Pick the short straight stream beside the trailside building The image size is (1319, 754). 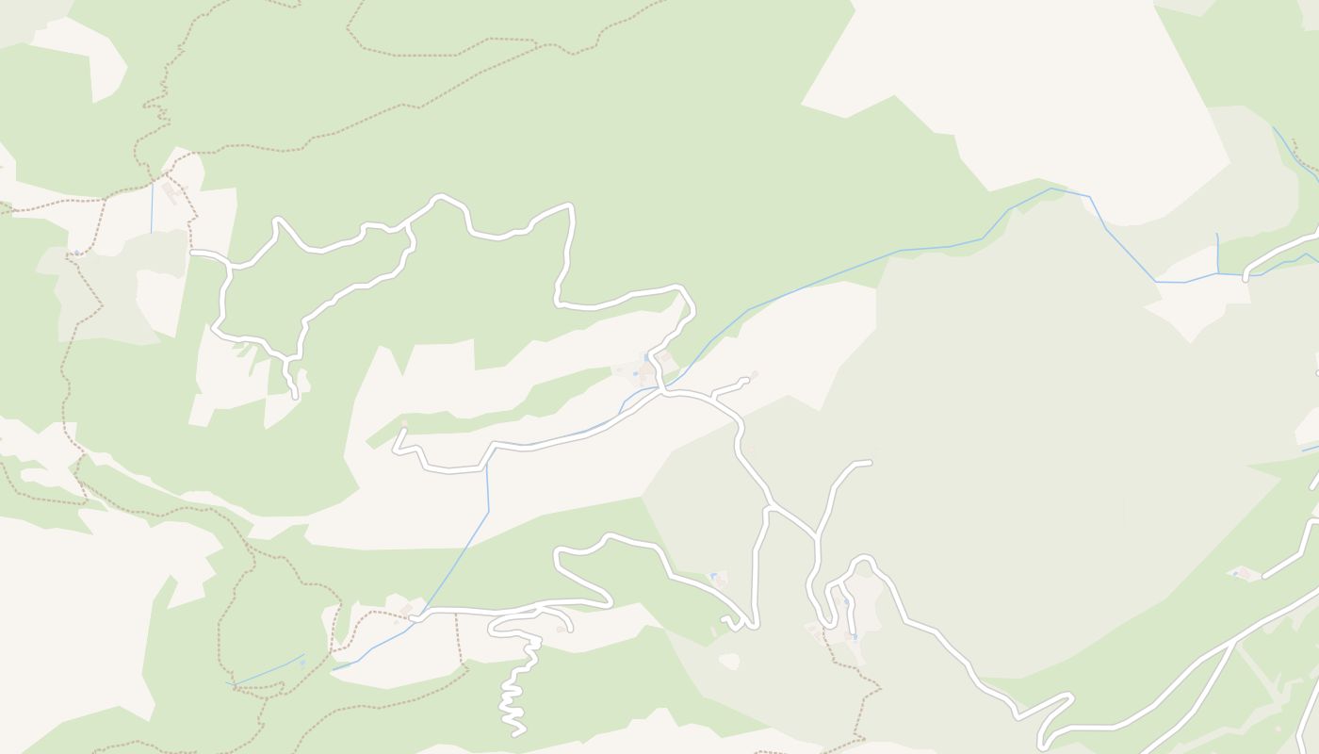(152, 207)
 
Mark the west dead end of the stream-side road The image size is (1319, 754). (403, 432)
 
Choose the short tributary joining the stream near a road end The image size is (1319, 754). (1217, 253)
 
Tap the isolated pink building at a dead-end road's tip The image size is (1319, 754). (1244, 573)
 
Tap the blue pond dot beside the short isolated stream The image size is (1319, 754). (301, 664)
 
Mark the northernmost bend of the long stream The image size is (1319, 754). (1051, 188)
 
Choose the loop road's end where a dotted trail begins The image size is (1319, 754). (193, 253)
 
